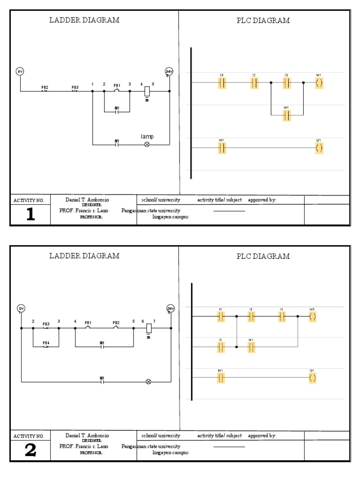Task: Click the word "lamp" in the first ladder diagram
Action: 147,136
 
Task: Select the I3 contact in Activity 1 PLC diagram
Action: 286,83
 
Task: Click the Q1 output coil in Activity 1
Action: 319,148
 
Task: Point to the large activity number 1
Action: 30,214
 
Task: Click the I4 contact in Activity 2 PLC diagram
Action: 282,317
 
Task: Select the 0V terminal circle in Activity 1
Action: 20,71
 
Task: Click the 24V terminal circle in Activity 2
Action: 171,308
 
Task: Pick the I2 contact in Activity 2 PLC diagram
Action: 221,347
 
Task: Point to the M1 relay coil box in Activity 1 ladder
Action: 147,90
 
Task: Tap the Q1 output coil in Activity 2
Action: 312,378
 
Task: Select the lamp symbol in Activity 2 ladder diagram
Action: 149,382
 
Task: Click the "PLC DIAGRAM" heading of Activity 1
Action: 263,21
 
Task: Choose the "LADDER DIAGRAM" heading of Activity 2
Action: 84,256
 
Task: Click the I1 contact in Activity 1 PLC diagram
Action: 222,83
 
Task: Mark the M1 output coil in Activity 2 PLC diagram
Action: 312,317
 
